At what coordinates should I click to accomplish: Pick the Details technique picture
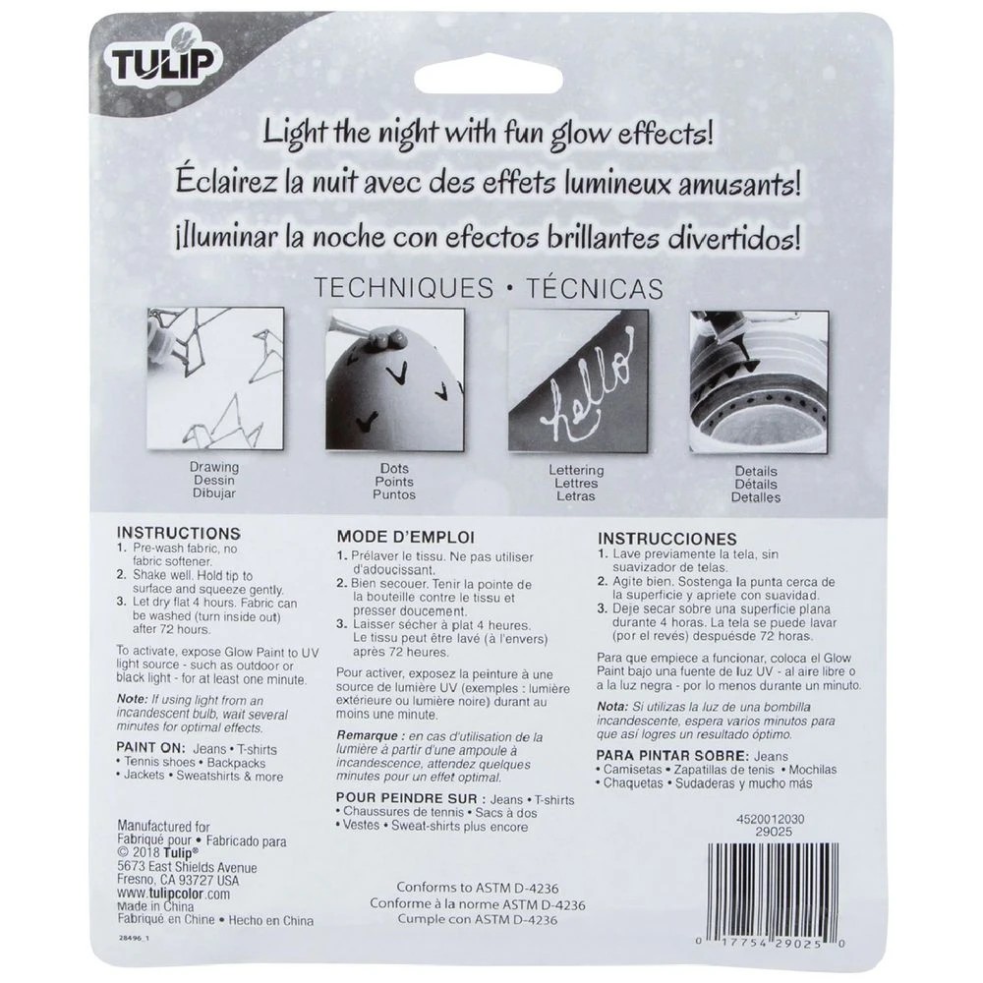(756, 382)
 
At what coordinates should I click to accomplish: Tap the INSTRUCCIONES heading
(666, 539)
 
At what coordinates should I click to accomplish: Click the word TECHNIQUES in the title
(402, 288)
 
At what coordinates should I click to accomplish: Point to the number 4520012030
(770, 817)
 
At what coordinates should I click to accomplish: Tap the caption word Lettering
(576, 471)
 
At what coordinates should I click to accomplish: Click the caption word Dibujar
(214, 494)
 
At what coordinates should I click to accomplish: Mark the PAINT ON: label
(148, 748)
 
